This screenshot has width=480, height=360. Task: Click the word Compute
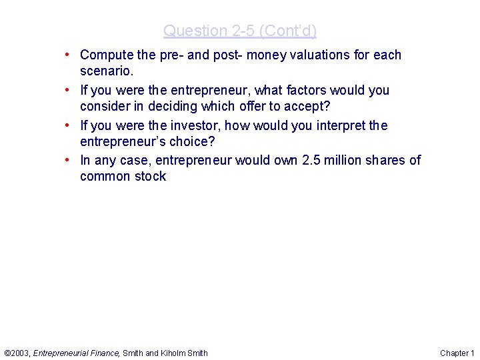[x=107, y=55]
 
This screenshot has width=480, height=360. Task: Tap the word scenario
[x=107, y=71]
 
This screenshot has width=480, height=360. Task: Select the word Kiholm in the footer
[x=175, y=353]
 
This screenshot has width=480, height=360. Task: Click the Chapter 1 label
[x=457, y=353]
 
